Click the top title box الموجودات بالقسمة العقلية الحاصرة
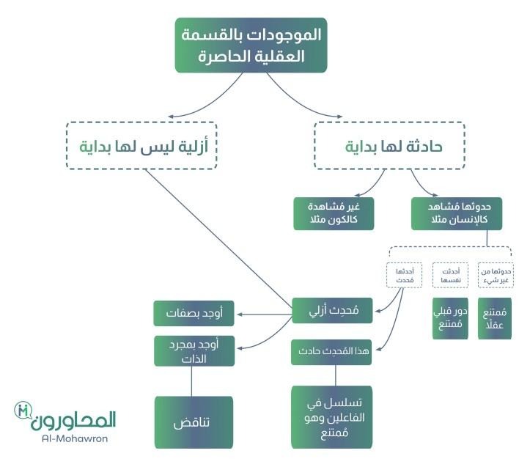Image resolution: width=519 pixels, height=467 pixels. click(x=250, y=45)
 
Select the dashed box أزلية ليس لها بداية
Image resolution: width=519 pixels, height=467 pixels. click(x=141, y=145)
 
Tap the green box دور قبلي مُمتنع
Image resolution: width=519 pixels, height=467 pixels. click(x=449, y=318)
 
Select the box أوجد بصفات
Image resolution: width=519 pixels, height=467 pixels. click(x=194, y=313)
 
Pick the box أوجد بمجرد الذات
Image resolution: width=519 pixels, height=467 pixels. click(x=194, y=350)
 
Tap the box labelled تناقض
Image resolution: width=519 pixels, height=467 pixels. click(x=193, y=422)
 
